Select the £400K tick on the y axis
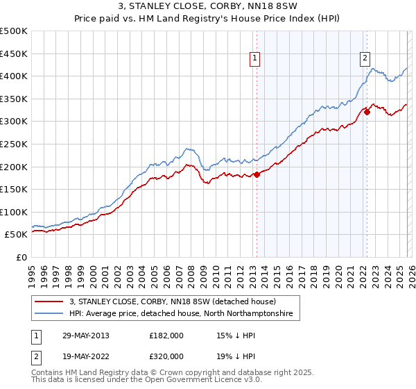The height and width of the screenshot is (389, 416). coord(14,76)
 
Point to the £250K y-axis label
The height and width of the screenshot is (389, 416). coord(14,144)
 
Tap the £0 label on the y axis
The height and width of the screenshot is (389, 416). coord(21,257)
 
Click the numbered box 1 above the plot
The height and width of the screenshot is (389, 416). coord(256,59)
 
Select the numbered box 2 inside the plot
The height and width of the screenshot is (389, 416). coord(365,59)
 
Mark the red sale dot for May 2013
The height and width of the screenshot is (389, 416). coord(257,174)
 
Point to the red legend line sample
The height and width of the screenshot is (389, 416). coord(49,301)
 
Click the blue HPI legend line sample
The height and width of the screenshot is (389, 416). coord(49,314)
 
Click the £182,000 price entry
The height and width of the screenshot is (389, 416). coord(166,336)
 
